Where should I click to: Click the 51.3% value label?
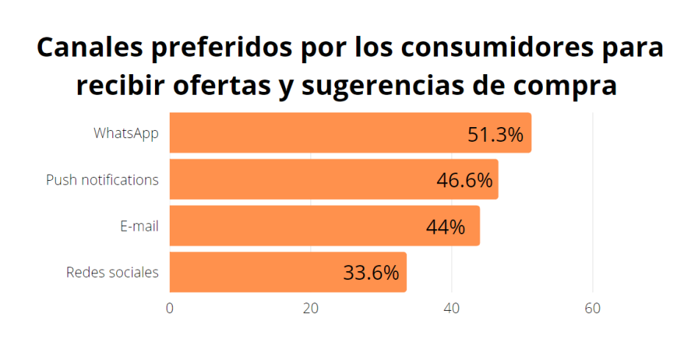pos(495,135)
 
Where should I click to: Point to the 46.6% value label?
pos(464,181)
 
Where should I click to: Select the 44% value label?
pos(445,227)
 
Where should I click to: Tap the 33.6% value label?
pos(371,273)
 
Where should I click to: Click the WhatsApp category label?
pos(126,134)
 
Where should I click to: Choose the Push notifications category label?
pos(102,180)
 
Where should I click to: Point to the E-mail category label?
pos(140,226)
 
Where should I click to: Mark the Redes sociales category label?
pos(112,273)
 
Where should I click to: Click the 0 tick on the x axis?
pos(170,309)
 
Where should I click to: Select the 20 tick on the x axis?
pos(311,309)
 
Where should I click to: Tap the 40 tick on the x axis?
pos(452,309)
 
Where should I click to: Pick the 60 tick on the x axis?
pos(593,309)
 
